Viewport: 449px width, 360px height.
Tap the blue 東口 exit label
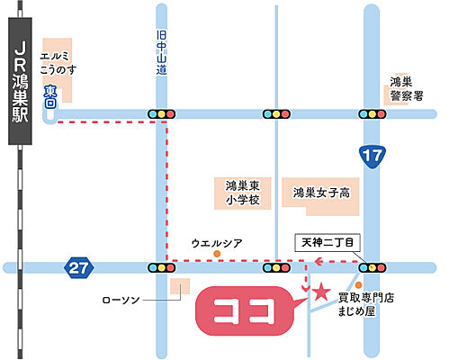50,96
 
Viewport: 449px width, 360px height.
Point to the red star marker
319,290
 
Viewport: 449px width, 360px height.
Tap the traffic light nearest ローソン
161,267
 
